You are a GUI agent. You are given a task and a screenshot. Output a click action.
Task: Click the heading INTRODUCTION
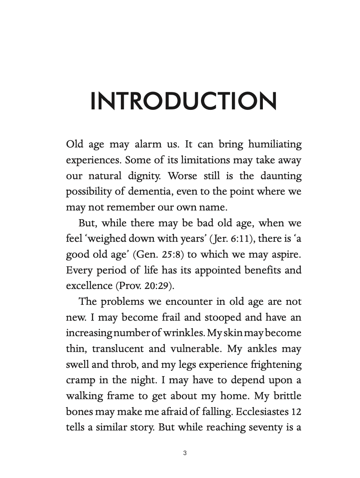tap(183, 101)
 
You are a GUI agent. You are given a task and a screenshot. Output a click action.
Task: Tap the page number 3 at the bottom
tap(185, 453)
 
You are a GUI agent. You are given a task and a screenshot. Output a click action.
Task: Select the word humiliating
tap(275, 145)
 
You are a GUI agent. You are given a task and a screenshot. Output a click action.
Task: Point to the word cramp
tap(80, 380)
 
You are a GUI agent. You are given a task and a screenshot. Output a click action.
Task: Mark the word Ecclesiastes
tap(261, 412)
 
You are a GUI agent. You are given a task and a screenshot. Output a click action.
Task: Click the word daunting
tap(281, 176)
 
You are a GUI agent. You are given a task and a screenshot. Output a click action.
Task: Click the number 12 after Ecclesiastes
tap(296, 412)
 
